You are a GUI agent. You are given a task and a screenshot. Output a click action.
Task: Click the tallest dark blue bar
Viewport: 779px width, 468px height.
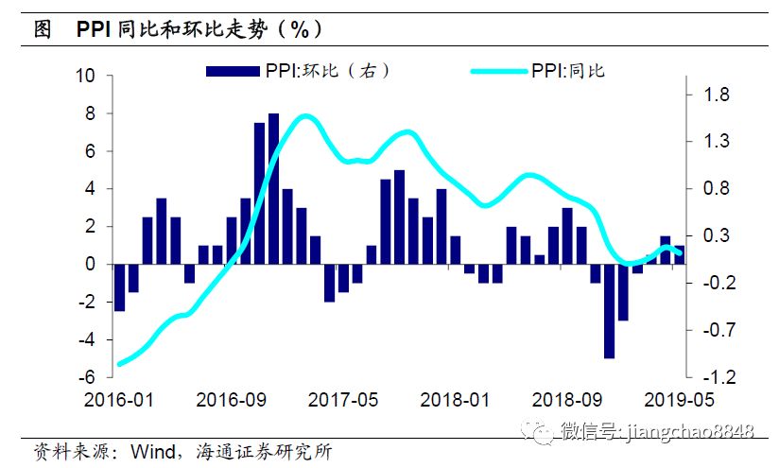tap(273, 189)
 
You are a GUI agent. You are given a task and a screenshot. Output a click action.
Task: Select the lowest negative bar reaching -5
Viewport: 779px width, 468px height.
tap(609, 311)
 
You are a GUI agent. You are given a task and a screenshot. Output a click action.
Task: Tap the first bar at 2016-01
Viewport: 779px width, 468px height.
tap(119, 287)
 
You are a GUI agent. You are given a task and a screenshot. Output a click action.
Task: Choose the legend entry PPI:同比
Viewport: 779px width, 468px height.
tap(567, 70)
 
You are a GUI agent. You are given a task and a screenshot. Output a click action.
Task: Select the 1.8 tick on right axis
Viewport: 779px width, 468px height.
tap(715, 95)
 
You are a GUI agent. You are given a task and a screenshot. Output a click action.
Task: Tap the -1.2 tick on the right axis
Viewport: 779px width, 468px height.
tap(713, 377)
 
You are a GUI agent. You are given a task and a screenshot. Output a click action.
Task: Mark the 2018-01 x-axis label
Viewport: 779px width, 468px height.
tap(456, 399)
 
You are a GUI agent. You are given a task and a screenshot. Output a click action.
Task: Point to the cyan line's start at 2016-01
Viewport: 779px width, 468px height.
tap(119, 363)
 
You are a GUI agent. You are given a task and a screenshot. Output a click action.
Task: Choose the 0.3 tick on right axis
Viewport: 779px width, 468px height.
tap(715, 235)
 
